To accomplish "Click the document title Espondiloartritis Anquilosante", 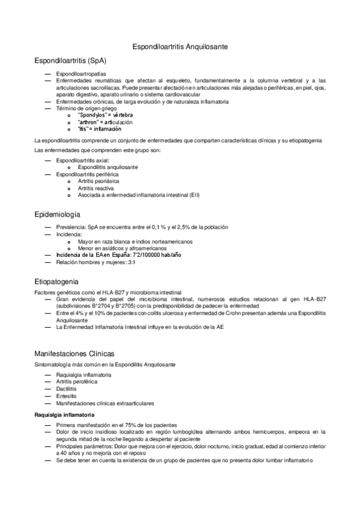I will [180, 46].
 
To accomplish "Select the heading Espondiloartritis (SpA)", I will [71, 61].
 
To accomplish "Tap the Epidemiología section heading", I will [63, 214].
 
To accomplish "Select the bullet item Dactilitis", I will [67, 389].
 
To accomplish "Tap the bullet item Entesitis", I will [67, 396].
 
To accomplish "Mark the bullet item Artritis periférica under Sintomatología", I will [76, 381].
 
